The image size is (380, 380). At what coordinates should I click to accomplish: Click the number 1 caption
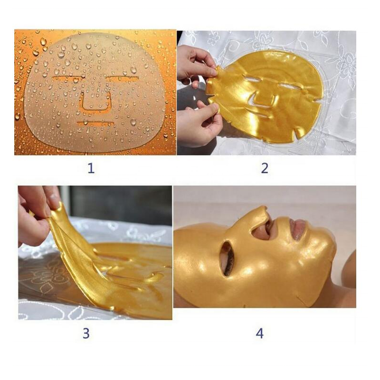(91, 168)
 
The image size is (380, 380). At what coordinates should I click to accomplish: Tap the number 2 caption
(265, 168)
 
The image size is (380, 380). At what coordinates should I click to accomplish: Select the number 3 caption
(86, 333)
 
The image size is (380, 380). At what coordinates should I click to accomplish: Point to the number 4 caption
(259, 333)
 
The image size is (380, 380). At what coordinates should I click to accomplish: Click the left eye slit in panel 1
(69, 77)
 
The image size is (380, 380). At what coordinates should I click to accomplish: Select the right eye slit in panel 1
(123, 78)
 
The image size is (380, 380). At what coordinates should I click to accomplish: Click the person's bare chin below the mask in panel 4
(344, 266)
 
